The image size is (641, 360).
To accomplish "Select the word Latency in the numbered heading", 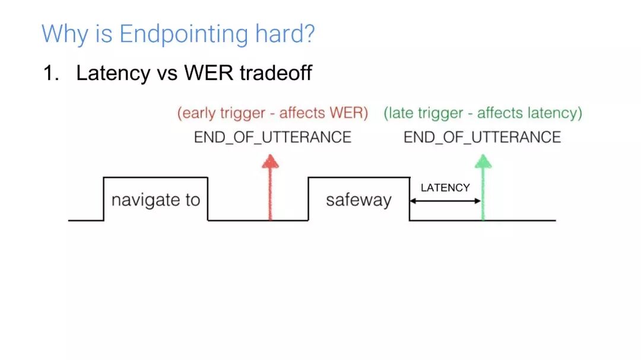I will tap(113, 74).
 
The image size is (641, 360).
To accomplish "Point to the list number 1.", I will tap(50, 74).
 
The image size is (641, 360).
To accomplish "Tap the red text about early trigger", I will tap(272, 113).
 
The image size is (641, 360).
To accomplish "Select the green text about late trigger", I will tap(483, 113).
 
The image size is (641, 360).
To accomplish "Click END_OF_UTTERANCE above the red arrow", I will tap(272, 138).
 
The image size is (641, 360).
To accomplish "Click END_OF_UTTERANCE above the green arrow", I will tap(482, 138).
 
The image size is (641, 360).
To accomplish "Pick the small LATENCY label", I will tap(445, 188).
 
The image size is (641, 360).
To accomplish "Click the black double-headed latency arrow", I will tap(445, 201).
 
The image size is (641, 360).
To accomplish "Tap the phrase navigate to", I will tap(156, 200).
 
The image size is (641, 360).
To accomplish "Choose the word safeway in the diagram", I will tap(358, 200).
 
